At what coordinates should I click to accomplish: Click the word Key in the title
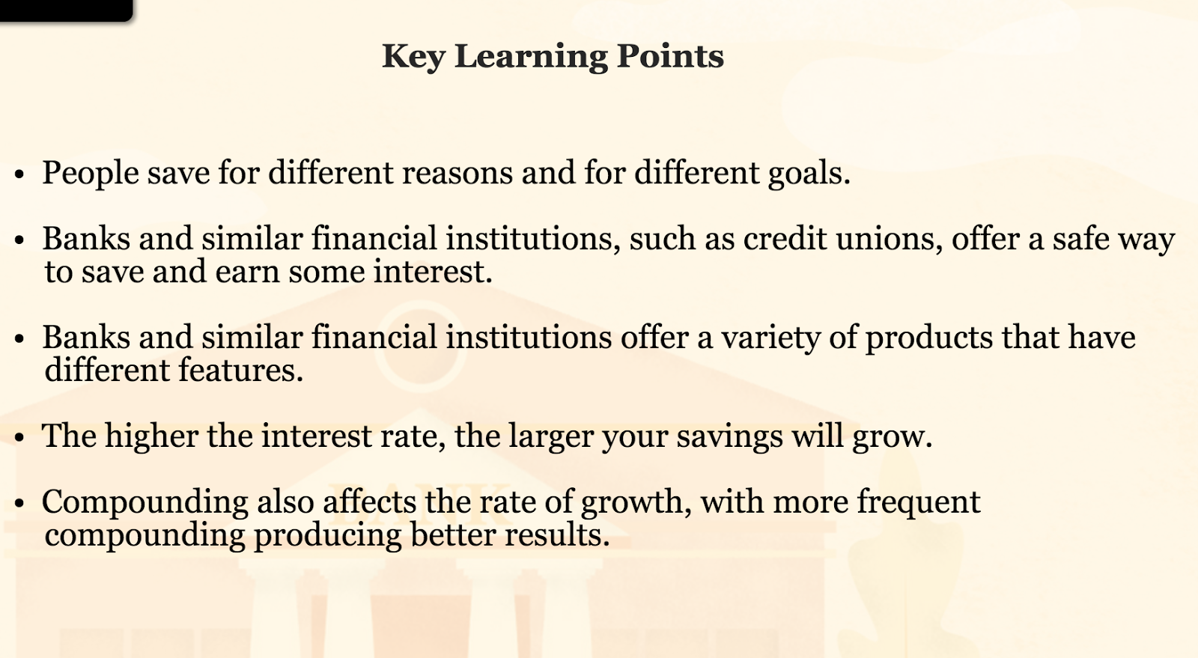click(x=413, y=57)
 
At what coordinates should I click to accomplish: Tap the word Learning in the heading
click(x=531, y=57)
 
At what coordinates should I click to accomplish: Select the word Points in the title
click(x=670, y=55)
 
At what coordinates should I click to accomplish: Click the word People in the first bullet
click(x=91, y=174)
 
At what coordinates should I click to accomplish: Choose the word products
click(x=929, y=338)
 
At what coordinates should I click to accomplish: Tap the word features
click(x=240, y=371)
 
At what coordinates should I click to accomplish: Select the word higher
click(x=151, y=436)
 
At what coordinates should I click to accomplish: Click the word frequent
click(x=919, y=502)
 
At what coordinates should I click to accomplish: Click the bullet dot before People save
click(x=19, y=174)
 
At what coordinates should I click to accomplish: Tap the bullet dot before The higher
click(x=19, y=437)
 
